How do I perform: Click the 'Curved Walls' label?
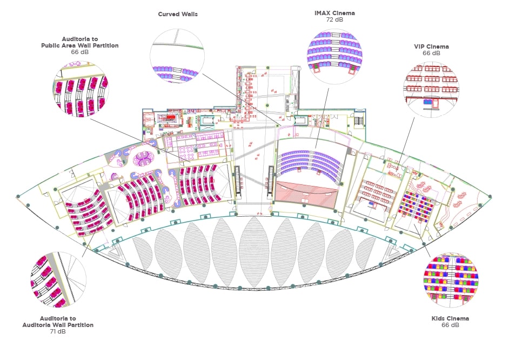pos(177,14)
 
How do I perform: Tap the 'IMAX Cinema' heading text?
pos(334,13)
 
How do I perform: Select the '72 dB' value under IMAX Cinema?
pos(334,20)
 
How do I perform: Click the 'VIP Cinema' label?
pos(431,46)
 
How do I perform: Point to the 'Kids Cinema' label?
pos(450,318)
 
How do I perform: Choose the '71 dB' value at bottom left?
pos(57,331)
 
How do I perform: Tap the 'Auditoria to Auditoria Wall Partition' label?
pos(57,322)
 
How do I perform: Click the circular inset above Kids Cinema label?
pos(450,279)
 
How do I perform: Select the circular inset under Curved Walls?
pos(177,56)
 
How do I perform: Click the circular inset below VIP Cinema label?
pos(431,88)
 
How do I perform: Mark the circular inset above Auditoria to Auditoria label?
pos(58,279)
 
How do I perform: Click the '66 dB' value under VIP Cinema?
pos(431,54)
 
